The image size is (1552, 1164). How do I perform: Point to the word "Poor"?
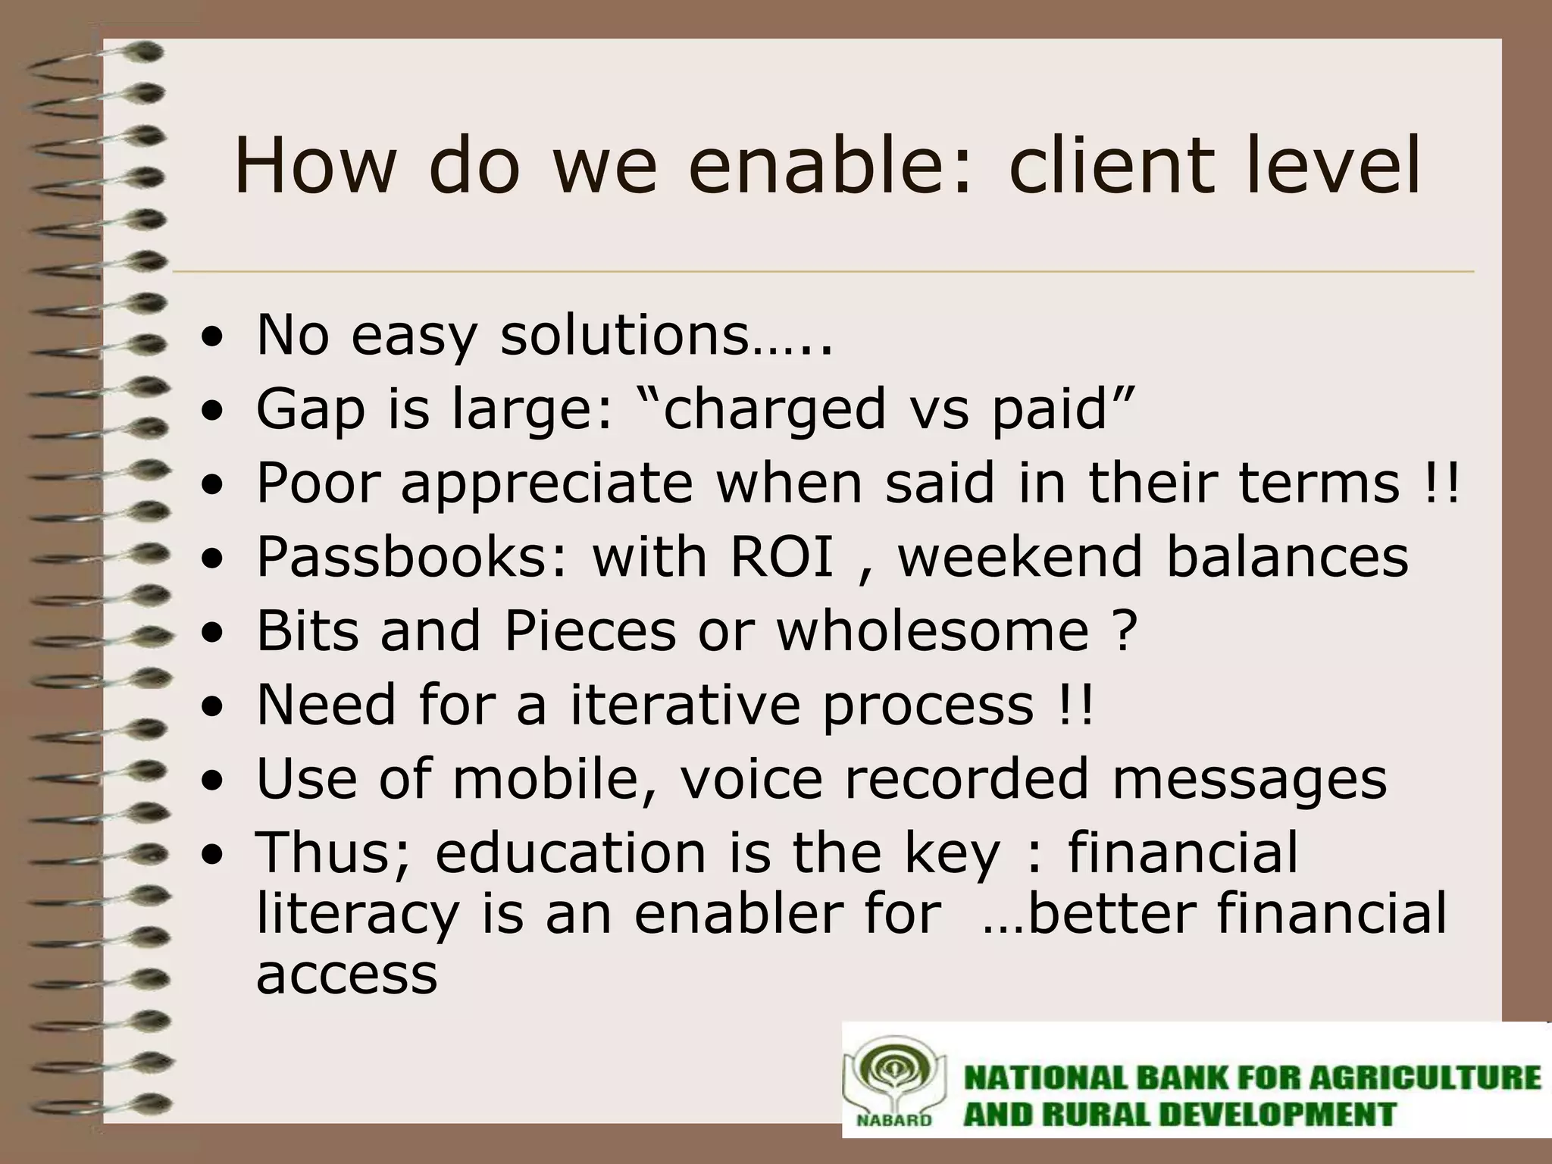(x=318, y=483)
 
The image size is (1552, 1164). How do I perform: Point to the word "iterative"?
(x=684, y=705)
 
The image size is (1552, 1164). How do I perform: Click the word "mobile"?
(x=545, y=779)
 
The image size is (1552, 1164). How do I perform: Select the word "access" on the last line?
(x=346, y=975)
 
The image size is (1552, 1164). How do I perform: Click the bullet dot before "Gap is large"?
(x=217, y=413)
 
